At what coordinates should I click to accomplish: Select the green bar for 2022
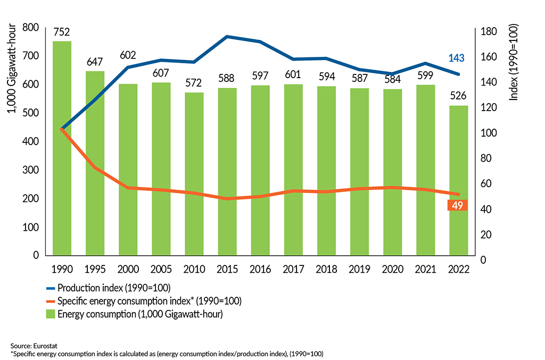click(x=459, y=180)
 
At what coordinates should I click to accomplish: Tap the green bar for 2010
click(x=194, y=173)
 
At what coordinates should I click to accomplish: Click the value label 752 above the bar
click(x=62, y=31)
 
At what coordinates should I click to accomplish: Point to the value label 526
click(x=459, y=96)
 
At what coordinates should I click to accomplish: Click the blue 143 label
click(x=459, y=58)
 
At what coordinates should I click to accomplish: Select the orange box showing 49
click(x=458, y=205)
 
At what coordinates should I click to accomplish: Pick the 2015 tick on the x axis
click(x=227, y=269)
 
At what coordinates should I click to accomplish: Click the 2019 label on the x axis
click(x=360, y=269)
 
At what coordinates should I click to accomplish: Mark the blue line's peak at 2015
click(x=227, y=37)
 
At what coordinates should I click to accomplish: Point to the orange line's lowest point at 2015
click(x=227, y=199)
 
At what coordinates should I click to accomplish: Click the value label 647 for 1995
click(x=95, y=62)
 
